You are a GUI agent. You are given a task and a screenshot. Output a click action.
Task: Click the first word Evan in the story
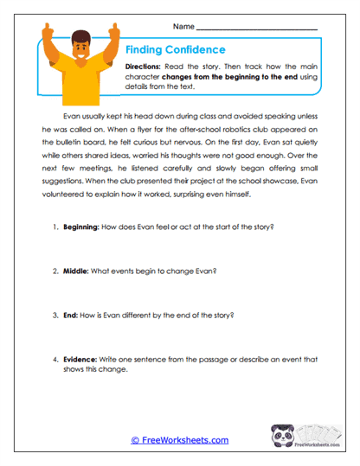pos(74,112)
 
